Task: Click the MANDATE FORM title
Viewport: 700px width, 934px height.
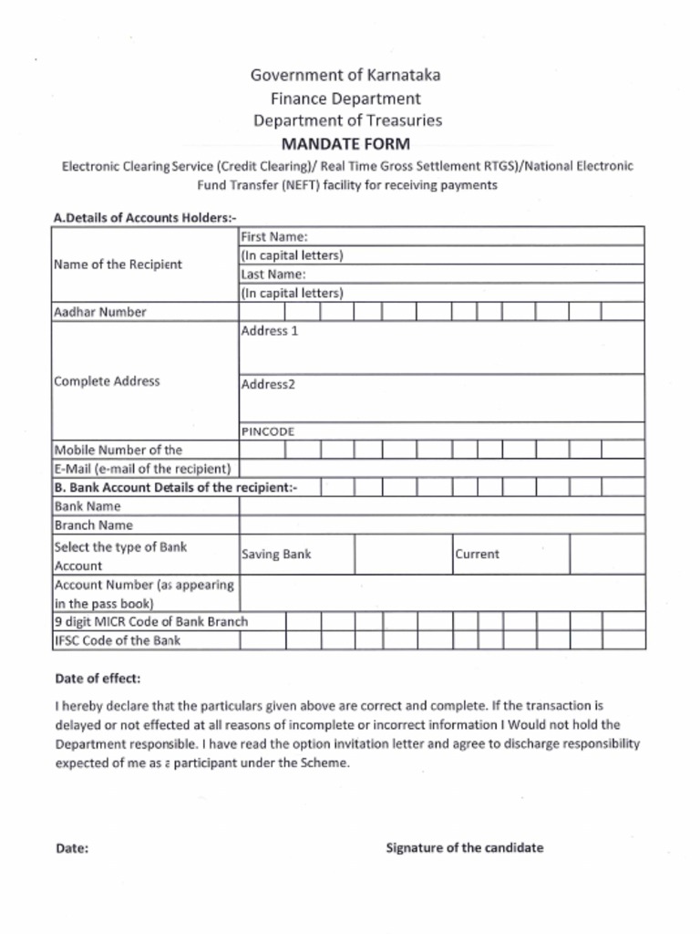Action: point(345,144)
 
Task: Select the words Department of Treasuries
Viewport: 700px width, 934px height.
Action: point(347,120)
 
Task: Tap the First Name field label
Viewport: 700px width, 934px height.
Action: point(273,236)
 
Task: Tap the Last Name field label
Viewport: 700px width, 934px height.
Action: point(273,274)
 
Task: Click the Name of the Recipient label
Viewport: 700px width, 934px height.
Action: point(118,265)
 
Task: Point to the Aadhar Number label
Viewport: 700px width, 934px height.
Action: point(100,312)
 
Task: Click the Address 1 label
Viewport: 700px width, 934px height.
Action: point(269,331)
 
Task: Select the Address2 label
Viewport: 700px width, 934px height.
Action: point(268,384)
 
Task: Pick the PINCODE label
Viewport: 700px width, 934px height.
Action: point(267,431)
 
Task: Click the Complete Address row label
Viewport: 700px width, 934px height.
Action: point(107,381)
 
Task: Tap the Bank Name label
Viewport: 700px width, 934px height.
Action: point(87,506)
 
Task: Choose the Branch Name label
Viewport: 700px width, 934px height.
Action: point(93,525)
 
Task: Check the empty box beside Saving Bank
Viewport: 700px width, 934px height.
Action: point(403,554)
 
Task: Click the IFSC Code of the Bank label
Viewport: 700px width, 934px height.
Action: point(118,640)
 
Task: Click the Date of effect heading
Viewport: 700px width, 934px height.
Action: point(98,680)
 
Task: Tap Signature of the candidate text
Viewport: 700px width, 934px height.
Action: point(464,847)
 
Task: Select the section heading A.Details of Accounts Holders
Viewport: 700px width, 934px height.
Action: point(146,218)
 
